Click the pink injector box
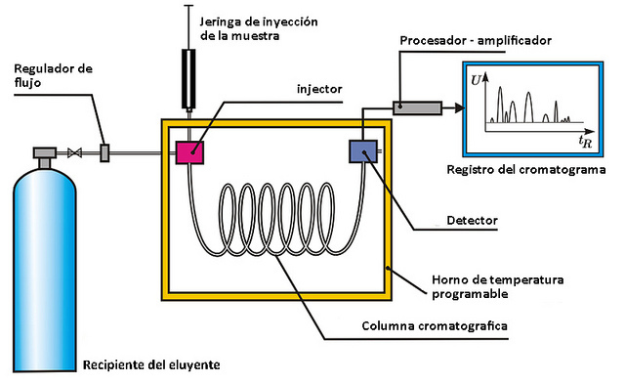[x=189, y=151]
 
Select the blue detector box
[x=362, y=151]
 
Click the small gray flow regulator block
[x=104, y=152]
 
